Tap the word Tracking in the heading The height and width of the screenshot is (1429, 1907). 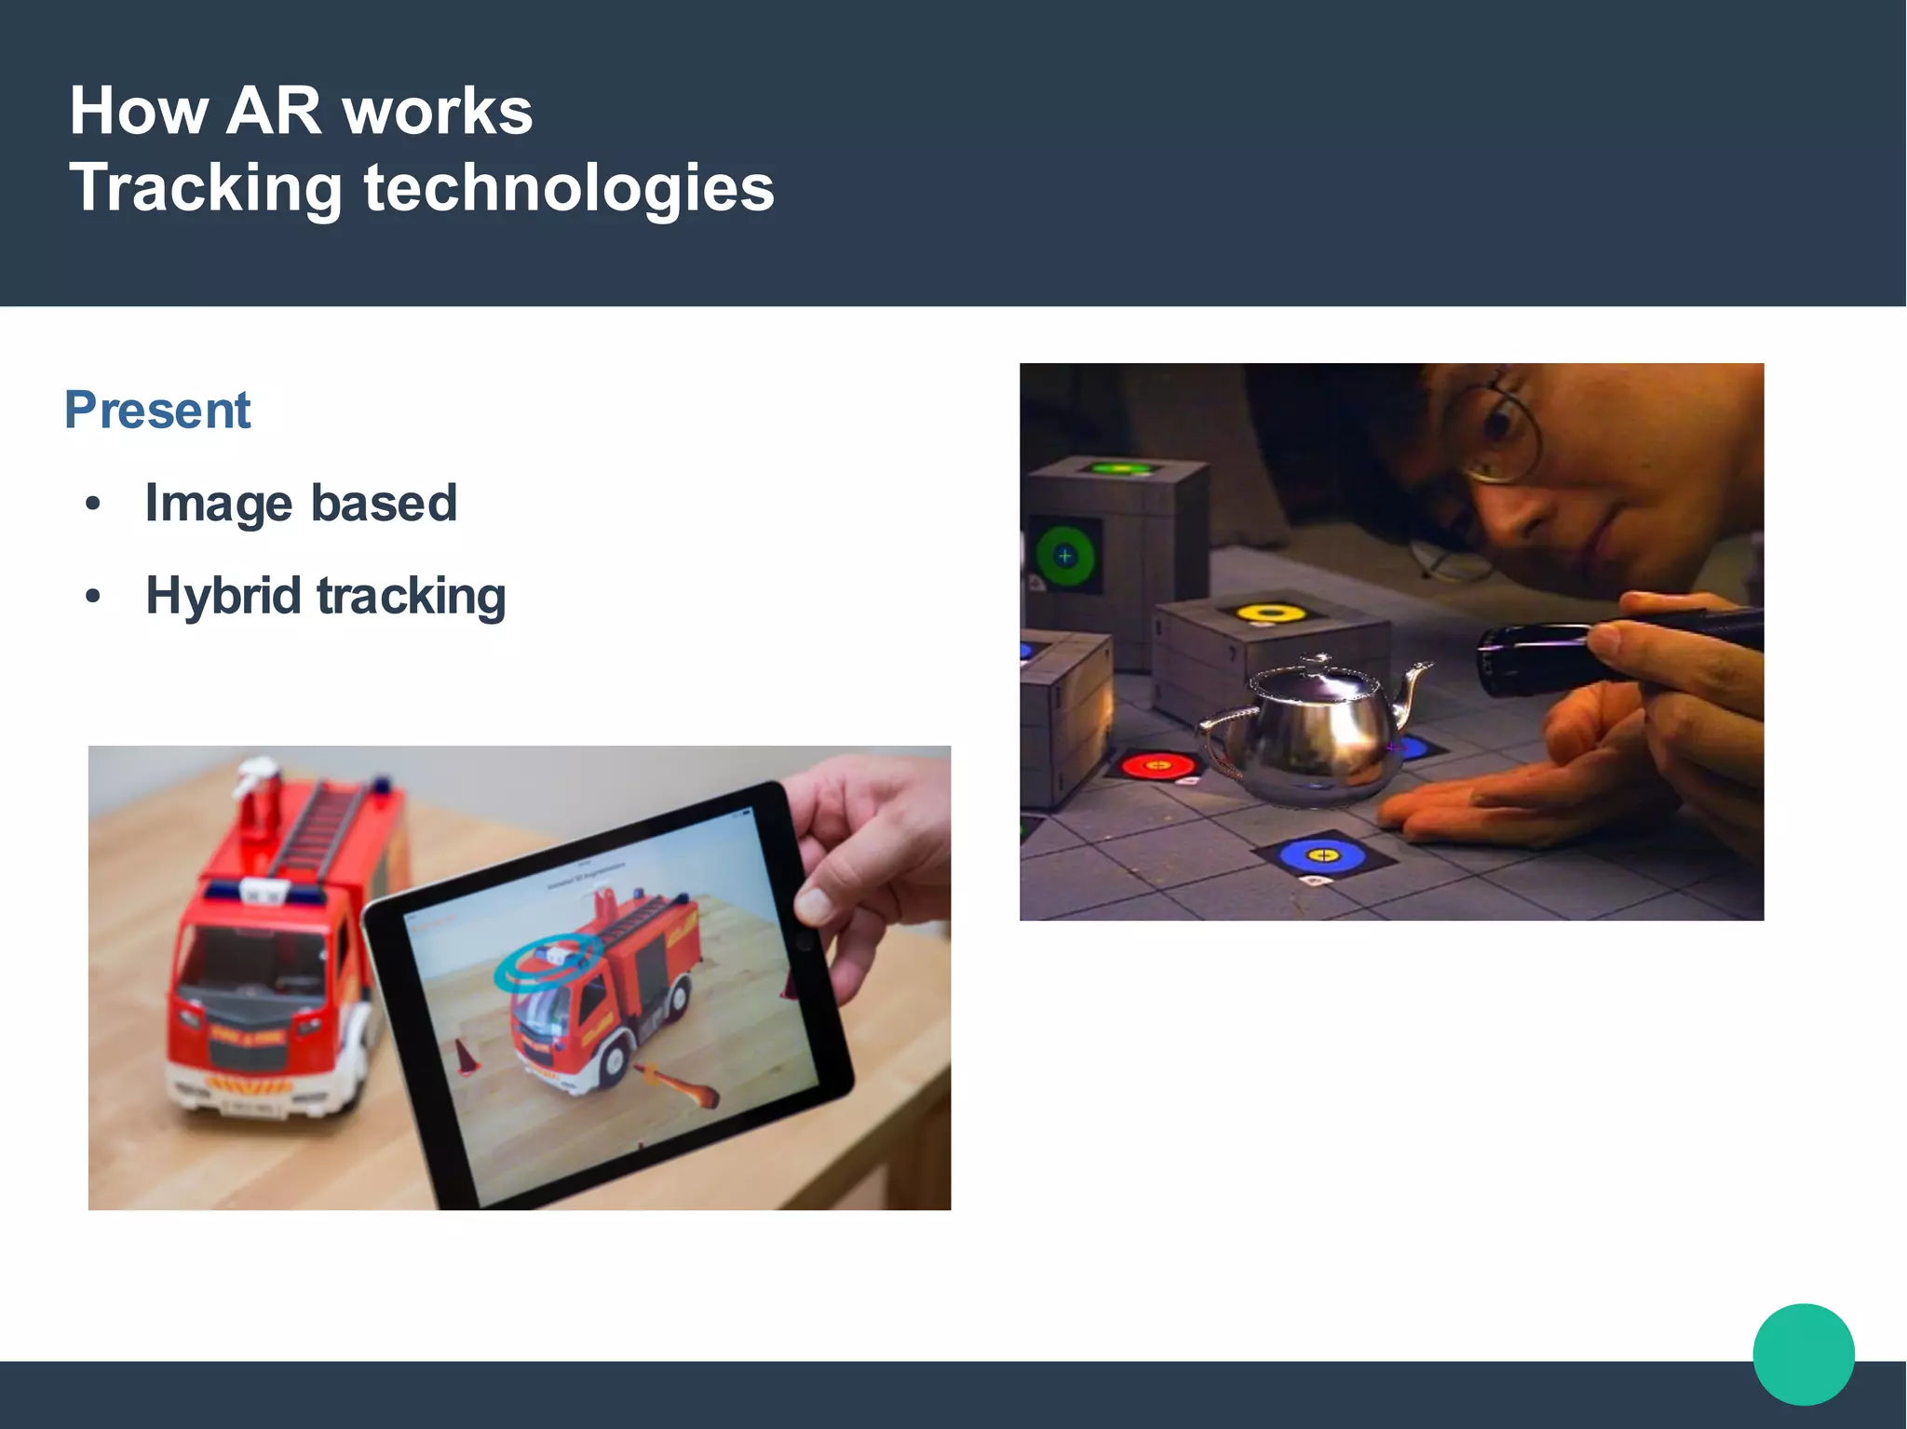click(x=206, y=188)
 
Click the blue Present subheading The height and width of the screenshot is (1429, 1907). click(x=157, y=410)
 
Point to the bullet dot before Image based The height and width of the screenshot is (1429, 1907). click(x=92, y=505)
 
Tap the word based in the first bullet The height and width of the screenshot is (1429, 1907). click(x=383, y=504)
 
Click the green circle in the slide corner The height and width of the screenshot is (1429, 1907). click(x=1803, y=1354)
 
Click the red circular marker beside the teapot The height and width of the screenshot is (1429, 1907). click(x=1157, y=766)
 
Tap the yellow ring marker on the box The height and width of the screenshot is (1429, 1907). click(x=1272, y=613)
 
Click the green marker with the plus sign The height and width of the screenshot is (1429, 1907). click(x=1065, y=557)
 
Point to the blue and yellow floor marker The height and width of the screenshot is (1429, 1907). click(x=1322, y=855)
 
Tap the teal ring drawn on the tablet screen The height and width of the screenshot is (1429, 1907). click(x=545, y=961)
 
